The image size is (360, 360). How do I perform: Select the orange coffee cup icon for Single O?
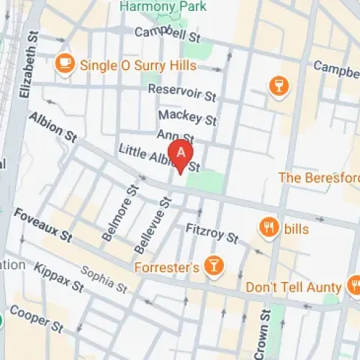[65, 63]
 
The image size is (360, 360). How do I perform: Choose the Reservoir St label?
[181, 92]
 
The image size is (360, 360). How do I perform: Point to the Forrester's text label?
[166, 268]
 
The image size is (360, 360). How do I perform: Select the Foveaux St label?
[44, 225]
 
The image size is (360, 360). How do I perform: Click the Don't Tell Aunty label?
[292, 286]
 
